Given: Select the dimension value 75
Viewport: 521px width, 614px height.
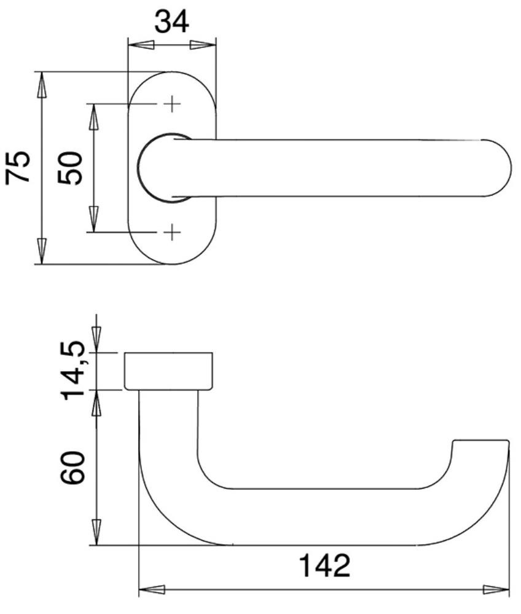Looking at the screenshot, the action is click(17, 167).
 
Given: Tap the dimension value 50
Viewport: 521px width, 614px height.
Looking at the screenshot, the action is click(70, 168).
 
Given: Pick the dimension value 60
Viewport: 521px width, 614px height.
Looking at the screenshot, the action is click(72, 468).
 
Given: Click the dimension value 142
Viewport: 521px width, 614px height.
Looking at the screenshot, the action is click(324, 565).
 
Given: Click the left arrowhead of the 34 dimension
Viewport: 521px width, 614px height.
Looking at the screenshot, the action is click(141, 45).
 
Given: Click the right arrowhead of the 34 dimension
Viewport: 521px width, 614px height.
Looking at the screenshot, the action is click(203, 45).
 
